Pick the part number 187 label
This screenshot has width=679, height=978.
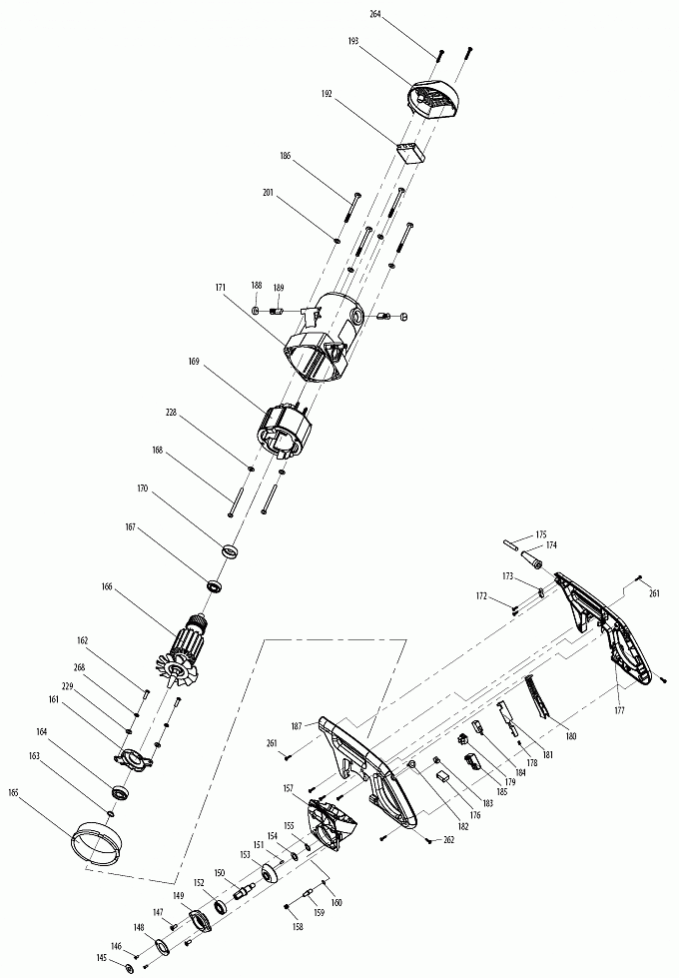pos(297,726)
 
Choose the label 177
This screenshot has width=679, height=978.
pos(620,711)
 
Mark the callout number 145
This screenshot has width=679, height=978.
pos(101,958)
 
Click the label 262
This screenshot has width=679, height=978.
pos(448,840)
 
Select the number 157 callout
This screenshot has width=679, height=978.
pos(289,789)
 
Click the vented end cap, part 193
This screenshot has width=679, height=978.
pos(434,99)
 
